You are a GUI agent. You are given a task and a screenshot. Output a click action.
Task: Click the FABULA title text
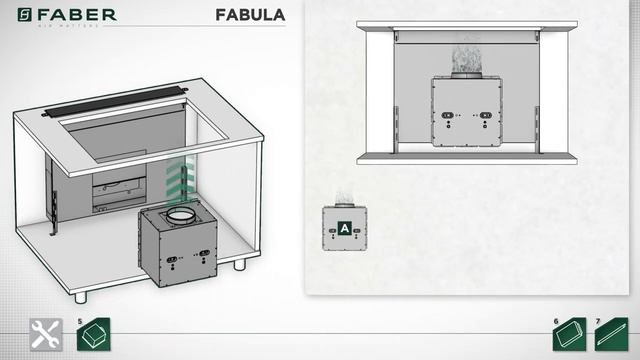click(x=250, y=15)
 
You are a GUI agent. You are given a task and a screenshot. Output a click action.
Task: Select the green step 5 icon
click(x=91, y=334)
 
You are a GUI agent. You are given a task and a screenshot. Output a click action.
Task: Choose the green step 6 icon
click(x=567, y=335)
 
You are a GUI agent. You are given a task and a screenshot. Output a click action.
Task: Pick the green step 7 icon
click(x=611, y=335)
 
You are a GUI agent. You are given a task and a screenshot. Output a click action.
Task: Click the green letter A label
click(x=344, y=228)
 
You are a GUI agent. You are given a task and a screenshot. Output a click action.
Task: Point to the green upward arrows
click(x=177, y=181)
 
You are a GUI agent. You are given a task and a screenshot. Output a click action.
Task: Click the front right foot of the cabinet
click(x=239, y=268)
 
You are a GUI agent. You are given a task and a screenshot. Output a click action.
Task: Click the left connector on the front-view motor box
click(x=443, y=115)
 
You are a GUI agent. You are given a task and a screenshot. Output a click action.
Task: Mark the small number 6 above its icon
click(x=555, y=321)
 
